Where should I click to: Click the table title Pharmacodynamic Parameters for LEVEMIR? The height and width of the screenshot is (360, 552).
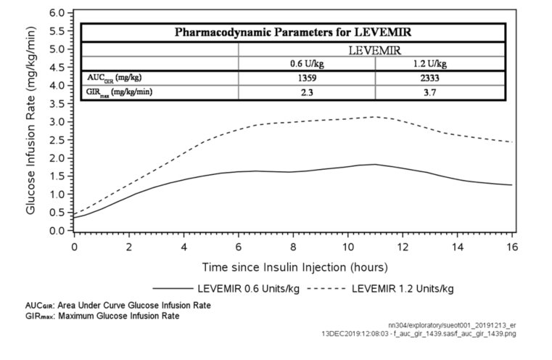tap(294, 33)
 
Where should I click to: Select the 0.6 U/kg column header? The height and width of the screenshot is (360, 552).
tap(307, 64)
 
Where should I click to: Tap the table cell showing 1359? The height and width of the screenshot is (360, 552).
tap(307, 78)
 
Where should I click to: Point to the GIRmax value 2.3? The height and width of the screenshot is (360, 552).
tap(307, 92)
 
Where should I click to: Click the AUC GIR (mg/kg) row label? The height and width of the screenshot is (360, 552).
tap(115, 78)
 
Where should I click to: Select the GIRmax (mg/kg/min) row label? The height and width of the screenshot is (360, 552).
tap(119, 92)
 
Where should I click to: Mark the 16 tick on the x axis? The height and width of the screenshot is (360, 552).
tap(513, 245)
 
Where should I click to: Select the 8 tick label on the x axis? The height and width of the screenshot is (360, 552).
tap(294, 245)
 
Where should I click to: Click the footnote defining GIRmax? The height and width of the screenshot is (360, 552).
tap(102, 316)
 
